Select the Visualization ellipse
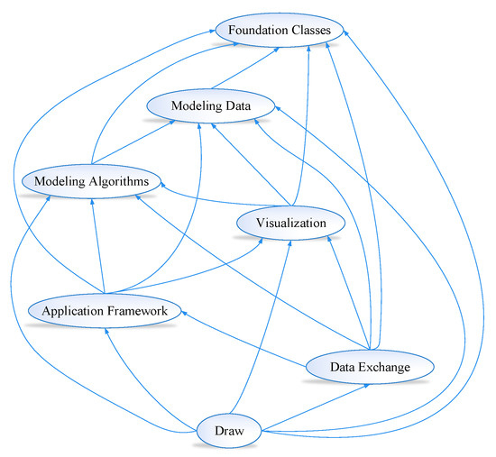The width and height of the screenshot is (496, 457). pyautogui.click(x=289, y=222)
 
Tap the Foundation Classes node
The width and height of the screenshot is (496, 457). pyautogui.click(x=279, y=30)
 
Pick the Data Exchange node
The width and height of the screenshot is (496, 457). pyautogui.click(x=371, y=367)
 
